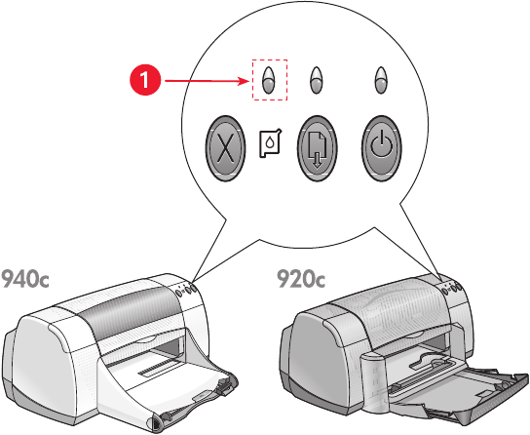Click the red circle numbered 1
[x=145, y=81]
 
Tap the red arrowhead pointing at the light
[x=244, y=81]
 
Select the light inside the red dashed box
[x=269, y=80]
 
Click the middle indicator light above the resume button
[x=316, y=80]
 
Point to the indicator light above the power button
[x=381, y=80]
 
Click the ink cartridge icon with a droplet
[x=270, y=143]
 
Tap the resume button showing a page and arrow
[x=317, y=148]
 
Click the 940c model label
[x=24, y=279]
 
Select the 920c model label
[x=301, y=279]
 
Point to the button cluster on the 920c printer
[x=451, y=288]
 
